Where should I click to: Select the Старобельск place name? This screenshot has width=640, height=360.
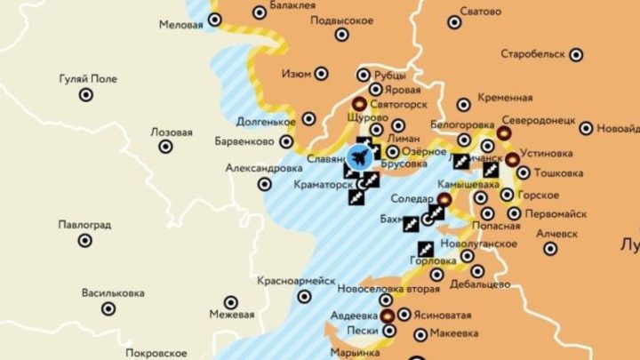point(532,54)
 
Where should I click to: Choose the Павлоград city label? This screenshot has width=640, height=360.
point(84,225)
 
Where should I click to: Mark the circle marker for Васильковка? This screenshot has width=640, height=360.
point(108,308)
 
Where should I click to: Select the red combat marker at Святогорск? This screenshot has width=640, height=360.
point(360,103)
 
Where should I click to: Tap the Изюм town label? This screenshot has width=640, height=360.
point(295,73)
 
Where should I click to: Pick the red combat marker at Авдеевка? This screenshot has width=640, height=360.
point(388,315)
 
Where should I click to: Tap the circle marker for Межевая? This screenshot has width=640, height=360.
point(231,302)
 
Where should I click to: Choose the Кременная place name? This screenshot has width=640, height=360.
point(506,97)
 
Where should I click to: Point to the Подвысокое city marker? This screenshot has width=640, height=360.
point(342,36)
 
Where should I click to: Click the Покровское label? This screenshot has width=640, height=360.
point(156,352)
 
